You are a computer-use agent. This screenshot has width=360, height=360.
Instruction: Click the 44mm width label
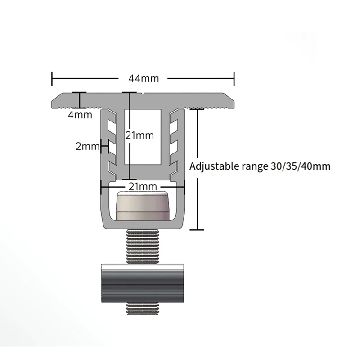[144, 78]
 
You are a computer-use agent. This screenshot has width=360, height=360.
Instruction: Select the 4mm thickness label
[81, 115]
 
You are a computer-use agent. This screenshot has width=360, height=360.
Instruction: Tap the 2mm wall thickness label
[87, 146]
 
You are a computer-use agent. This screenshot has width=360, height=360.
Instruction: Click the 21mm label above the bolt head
[144, 186]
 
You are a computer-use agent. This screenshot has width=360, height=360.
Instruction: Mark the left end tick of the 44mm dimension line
[53, 78]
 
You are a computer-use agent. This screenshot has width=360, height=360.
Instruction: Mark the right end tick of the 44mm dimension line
[234, 78]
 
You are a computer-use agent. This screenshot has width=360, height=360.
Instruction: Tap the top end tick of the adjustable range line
[197, 108]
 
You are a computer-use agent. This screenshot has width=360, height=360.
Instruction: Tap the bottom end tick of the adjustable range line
[197, 230]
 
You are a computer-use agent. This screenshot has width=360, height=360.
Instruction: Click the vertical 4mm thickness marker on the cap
[81, 100]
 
